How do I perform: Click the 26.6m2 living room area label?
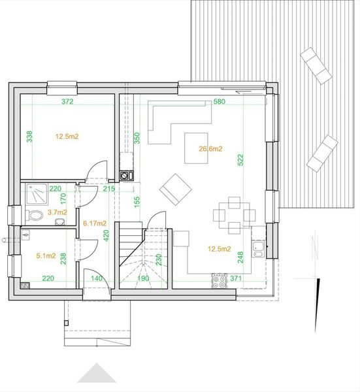(x=211, y=149)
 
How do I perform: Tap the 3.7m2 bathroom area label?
(x=57, y=212)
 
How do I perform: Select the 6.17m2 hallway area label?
(x=95, y=223)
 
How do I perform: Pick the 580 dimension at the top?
(x=220, y=102)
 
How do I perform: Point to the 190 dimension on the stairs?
(x=143, y=278)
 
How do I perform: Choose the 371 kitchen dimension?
(x=236, y=278)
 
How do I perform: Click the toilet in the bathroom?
(x=36, y=214)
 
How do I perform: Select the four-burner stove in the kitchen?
(x=219, y=282)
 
